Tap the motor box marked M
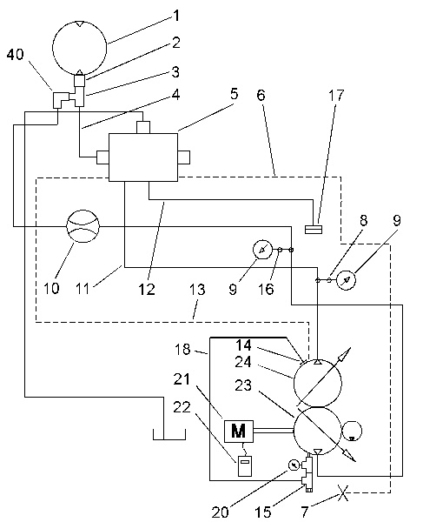[239, 432]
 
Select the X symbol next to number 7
[343, 492]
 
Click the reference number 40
[16, 54]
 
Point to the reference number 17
[335, 96]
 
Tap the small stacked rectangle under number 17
[314, 230]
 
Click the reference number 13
[197, 290]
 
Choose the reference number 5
[234, 94]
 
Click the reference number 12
[147, 290]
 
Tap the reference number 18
[182, 349]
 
